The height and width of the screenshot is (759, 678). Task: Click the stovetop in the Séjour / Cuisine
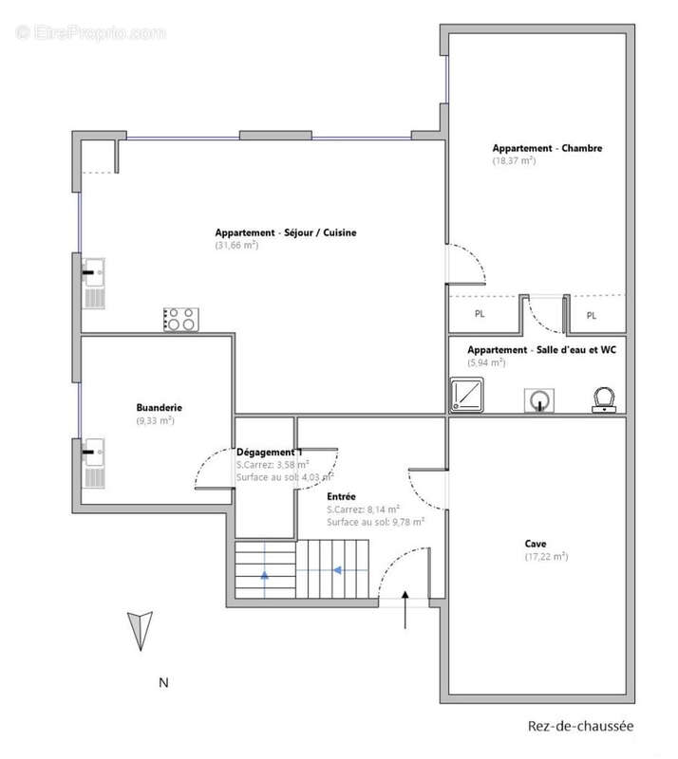[x=180, y=320]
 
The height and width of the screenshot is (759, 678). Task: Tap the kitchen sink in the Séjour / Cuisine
[x=94, y=284]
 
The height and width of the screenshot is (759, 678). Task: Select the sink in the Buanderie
[x=94, y=463]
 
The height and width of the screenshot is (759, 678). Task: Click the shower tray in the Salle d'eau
[x=466, y=395]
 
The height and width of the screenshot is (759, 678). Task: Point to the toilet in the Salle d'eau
[x=604, y=399]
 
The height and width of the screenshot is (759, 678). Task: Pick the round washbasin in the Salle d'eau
[x=539, y=400]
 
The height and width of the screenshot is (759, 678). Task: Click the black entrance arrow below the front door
[x=405, y=609]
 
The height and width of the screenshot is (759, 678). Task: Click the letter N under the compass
[x=164, y=682]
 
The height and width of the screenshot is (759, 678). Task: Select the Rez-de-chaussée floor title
[x=580, y=726]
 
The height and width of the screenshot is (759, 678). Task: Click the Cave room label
[x=536, y=544]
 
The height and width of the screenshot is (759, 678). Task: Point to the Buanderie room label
[x=159, y=408]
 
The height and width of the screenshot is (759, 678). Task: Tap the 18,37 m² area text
[x=514, y=160]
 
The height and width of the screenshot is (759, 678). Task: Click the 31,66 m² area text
[x=236, y=245]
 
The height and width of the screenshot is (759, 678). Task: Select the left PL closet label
[x=480, y=314]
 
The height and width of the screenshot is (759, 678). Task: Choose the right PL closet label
[x=592, y=316]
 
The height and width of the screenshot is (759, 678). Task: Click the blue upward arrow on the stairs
[x=265, y=575]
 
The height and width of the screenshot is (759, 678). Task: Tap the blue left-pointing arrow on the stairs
[x=337, y=570]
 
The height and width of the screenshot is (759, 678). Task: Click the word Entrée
[x=341, y=496]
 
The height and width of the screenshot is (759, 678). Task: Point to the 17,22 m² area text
[x=546, y=557]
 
